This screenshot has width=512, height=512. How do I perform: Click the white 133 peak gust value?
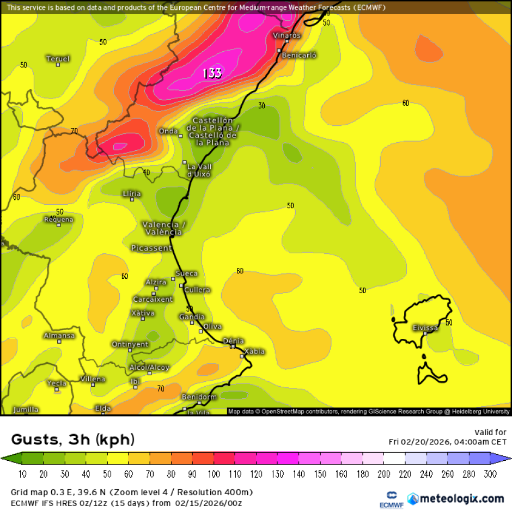(212, 73)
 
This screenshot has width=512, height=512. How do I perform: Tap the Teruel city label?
(58, 59)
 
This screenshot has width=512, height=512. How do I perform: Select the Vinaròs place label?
(287, 35)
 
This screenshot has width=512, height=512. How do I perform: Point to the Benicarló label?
(299, 55)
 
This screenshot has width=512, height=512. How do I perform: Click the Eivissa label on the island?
(425, 328)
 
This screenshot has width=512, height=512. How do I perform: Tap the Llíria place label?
(132, 194)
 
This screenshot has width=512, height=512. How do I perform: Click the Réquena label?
(58, 220)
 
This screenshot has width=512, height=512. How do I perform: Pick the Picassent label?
(151, 248)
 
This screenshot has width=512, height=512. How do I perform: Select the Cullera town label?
(197, 290)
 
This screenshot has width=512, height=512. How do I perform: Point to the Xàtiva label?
(143, 313)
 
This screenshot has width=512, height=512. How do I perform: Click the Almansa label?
(59, 336)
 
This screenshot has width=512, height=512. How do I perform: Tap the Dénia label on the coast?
(233, 341)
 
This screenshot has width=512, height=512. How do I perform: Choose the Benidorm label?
(199, 397)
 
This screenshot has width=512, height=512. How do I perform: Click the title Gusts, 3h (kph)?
(73, 440)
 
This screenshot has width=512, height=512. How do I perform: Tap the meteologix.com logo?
(455, 498)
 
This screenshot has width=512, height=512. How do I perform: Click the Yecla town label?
(57, 383)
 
